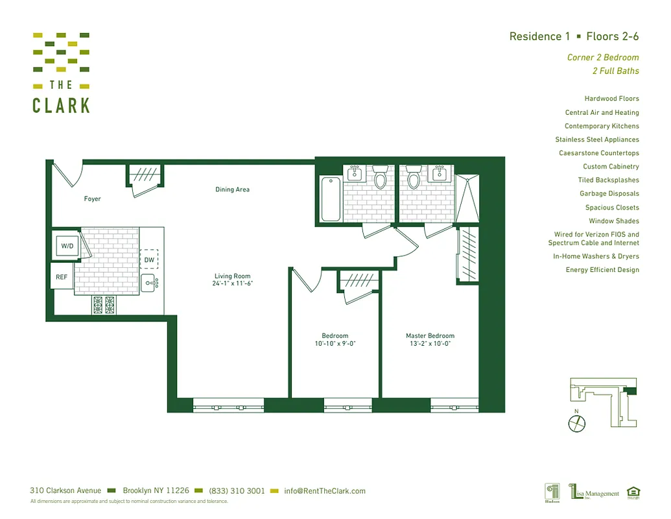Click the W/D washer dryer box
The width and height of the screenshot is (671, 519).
click(x=67, y=247)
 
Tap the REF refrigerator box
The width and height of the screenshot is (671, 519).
click(x=62, y=277)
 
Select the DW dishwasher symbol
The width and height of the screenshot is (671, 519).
click(x=149, y=259)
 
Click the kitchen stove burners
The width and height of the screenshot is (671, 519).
click(x=104, y=304)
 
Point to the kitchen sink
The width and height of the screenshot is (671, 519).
click(x=149, y=282)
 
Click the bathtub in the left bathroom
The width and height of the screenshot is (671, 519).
click(x=330, y=199)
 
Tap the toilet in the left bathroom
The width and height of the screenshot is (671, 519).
click(x=380, y=176)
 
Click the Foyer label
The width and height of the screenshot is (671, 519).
click(x=93, y=199)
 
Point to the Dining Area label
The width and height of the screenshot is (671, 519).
click(x=232, y=190)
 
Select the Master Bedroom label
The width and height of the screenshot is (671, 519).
click(x=430, y=336)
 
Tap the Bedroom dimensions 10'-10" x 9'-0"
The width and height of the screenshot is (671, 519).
click(x=335, y=344)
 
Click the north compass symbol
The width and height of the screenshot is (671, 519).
click(x=577, y=423)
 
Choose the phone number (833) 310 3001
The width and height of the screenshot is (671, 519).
click(x=237, y=491)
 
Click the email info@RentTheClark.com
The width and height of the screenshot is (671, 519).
click(x=325, y=491)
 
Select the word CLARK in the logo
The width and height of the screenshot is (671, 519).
click(x=61, y=105)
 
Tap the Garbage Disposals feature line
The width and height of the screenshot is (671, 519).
click(x=609, y=193)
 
